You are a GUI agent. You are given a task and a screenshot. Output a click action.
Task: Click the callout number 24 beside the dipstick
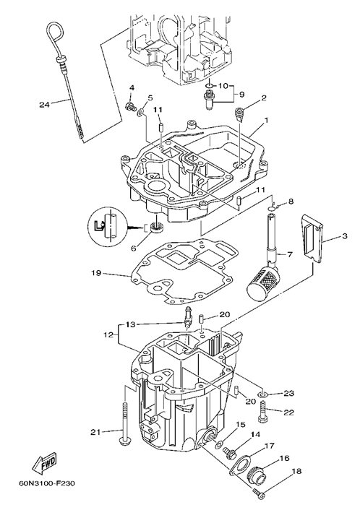[44, 105]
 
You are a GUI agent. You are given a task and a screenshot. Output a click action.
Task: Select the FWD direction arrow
[44, 461]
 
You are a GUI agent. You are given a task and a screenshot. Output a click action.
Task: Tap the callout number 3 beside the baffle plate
[344, 235]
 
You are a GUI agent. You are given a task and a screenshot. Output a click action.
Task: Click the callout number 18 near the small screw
[296, 471]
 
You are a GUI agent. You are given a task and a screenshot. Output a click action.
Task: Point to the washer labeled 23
[262, 394]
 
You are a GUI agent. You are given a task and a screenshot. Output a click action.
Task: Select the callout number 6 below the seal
[134, 248]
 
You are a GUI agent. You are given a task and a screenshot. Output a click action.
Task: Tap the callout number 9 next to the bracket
[241, 95]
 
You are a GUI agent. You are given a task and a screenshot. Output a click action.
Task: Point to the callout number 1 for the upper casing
[266, 121]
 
